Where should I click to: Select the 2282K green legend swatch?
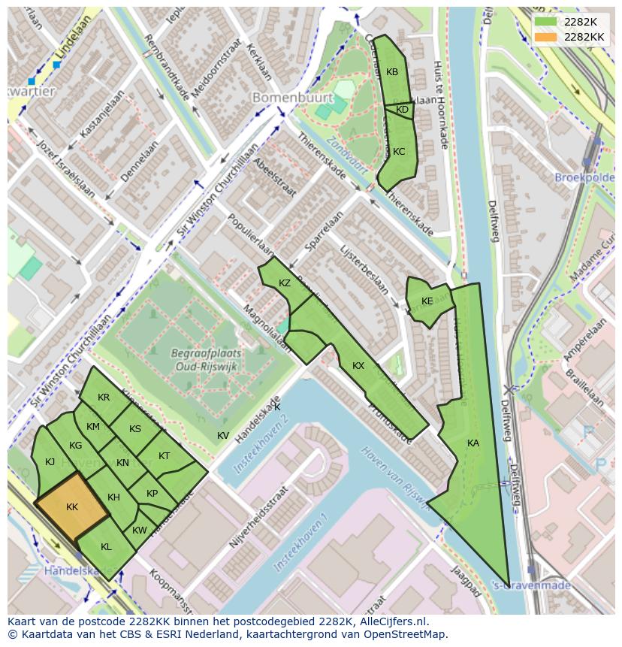point(545,21)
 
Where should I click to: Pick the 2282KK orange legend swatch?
point(545,37)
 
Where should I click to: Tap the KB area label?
point(392,72)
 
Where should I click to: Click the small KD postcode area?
point(402,110)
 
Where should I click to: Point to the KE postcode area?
point(427,301)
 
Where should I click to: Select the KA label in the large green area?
point(473,443)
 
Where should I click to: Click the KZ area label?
point(284,283)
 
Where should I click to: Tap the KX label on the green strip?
point(358,366)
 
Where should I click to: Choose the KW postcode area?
point(140,531)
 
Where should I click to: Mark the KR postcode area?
point(104,398)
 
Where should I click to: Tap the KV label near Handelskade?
point(223,436)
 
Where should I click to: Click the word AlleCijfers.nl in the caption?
point(392,621)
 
